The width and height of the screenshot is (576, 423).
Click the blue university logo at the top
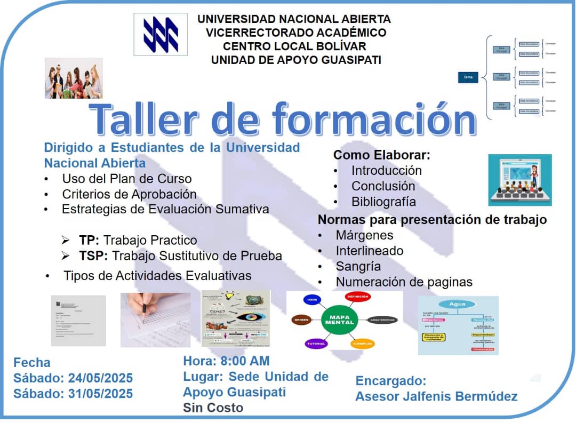[160, 34]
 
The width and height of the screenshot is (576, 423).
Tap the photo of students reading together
[74, 78]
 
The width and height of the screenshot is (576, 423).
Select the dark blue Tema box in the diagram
[468, 77]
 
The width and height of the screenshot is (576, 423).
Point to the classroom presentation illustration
[519, 180]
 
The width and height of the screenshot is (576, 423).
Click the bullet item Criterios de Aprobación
[129, 194]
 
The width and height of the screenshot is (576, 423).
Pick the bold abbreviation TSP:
[93, 256]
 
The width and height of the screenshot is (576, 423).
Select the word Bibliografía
[383, 202]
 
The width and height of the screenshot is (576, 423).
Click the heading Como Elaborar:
[381, 155]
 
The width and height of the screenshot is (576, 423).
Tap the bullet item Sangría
[358, 266]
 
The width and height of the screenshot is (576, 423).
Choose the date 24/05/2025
[100, 378]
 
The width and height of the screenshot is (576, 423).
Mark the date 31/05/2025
[100, 394]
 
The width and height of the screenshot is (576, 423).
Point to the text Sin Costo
[213, 408]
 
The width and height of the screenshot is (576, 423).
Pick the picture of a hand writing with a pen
[155, 319]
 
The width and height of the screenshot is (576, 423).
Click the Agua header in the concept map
[458, 304]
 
